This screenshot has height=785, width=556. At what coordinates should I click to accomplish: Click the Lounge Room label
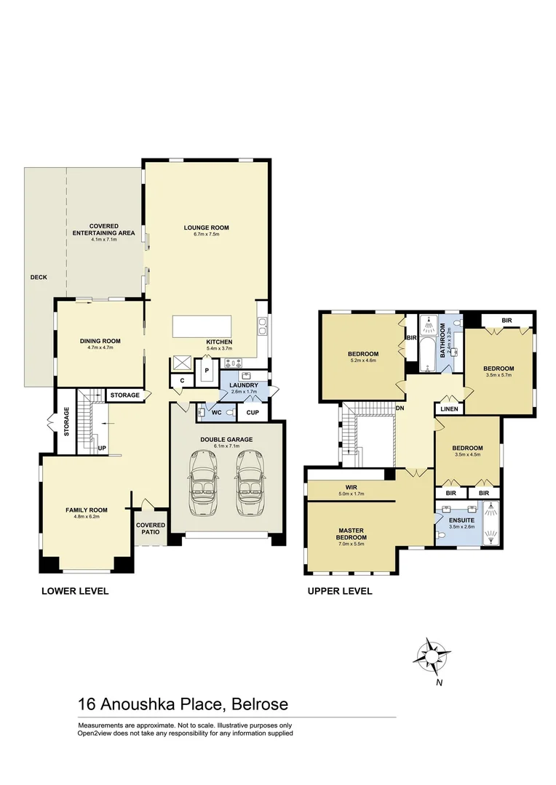point(206,228)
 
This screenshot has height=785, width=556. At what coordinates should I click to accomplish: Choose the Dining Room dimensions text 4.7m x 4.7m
point(100,347)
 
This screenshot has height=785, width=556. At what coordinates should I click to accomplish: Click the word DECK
point(39,277)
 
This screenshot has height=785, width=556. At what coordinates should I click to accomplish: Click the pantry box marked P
point(207,370)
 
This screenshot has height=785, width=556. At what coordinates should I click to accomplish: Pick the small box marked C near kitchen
point(182,379)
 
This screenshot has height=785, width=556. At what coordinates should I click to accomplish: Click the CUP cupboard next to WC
point(253,412)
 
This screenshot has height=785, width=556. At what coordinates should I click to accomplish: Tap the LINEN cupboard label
point(448,410)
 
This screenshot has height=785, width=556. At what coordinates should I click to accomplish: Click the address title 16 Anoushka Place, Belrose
point(183,704)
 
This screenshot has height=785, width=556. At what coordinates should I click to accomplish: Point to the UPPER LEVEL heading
point(340,591)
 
